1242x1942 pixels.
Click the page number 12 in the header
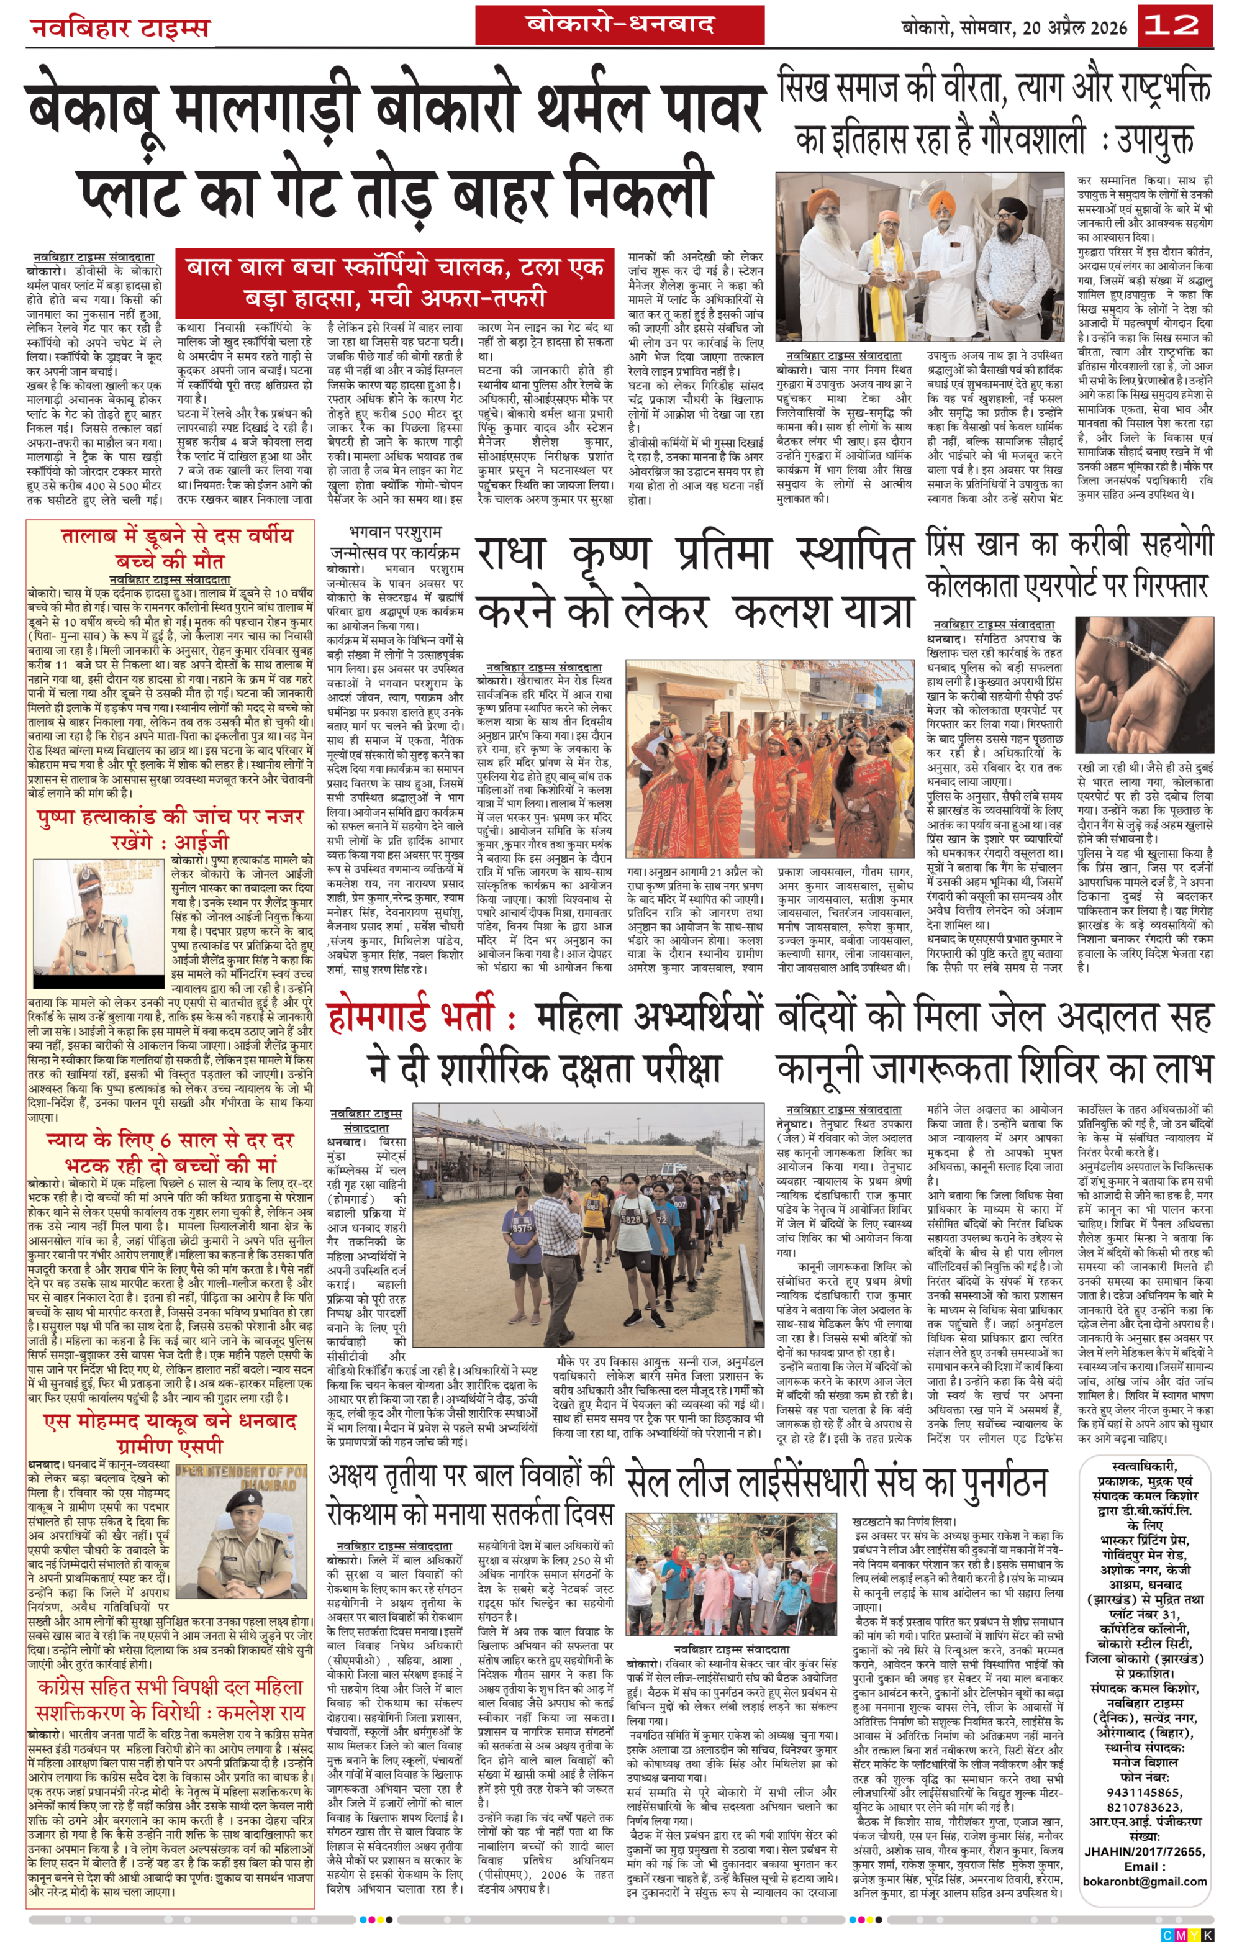pos(1174,26)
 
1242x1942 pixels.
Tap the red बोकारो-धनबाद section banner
pos(619,24)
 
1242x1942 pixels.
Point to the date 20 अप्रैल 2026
pos(1074,27)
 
